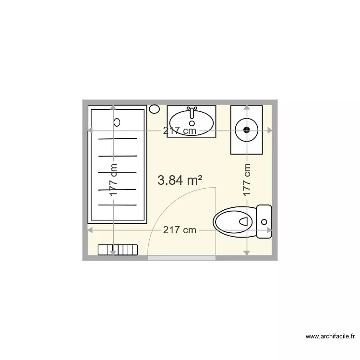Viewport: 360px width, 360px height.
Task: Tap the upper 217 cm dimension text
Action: tap(180, 130)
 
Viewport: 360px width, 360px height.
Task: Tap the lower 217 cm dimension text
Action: tap(180, 230)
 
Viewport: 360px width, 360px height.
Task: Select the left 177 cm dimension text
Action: tap(113, 180)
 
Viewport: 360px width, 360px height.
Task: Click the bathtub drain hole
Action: tap(117, 122)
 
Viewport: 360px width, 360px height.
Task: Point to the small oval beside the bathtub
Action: tap(154, 109)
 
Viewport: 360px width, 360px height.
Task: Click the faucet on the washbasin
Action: tap(192, 111)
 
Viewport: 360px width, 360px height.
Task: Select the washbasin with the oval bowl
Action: tap(192, 122)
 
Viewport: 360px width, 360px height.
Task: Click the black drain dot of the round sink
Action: tap(247, 129)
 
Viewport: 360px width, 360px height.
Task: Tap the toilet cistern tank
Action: tap(264, 221)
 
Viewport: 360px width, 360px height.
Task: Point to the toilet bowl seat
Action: tap(235, 221)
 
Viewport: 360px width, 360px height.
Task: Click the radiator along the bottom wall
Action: tap(118, 250)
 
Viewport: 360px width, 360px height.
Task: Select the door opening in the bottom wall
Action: tap(181, 258)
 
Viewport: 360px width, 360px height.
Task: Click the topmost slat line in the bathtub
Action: tap(118, 139)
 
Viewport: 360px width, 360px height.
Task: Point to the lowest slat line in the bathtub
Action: tap(118, 204)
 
